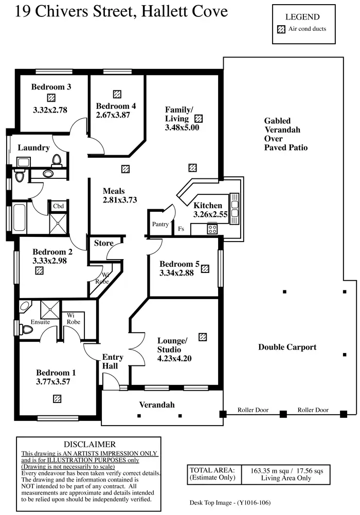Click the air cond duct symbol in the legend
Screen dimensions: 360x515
click(281, 29)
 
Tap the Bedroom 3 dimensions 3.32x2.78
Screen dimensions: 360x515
click(50, 109)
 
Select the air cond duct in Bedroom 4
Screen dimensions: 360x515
click(117, 94)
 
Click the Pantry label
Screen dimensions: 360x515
click(160, 225)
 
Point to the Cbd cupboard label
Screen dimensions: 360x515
click(58, 207)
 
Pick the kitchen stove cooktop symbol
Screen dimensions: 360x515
click(212, 229)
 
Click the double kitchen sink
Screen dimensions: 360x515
click(235, 208)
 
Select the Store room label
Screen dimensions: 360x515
click(103, 243)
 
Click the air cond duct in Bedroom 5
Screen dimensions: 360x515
click(205, 268)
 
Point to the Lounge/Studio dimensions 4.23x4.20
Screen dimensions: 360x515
click(175, 359)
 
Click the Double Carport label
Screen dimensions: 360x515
click(287, 347)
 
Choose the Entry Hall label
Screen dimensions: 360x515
click(113, 362)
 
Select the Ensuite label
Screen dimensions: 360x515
click(40, 322)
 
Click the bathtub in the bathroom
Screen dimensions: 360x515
click(19, 217)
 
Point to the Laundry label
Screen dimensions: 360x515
click(33, 148)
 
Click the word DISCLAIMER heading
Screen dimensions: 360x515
click(89, 444)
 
